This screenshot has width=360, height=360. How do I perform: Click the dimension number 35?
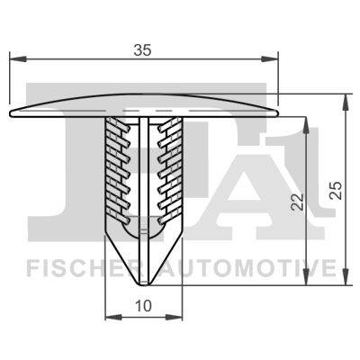click(x=142, y=49)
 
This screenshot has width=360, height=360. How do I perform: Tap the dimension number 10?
click(x=144, y=306)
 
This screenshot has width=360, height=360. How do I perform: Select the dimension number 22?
click(x=298, y=201)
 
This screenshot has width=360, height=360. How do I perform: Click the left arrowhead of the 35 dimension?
click(x=18, y=59)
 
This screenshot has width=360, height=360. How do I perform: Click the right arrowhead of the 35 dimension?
click(x=270, y=59)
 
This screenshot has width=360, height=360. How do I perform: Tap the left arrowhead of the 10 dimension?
click(x=113, y=317)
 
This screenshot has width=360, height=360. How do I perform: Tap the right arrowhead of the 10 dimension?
click(x=174, y=317)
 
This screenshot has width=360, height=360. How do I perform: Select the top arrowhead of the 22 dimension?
click(x=306, y=125)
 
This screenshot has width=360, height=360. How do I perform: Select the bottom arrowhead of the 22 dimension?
click(x=306, y=276)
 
